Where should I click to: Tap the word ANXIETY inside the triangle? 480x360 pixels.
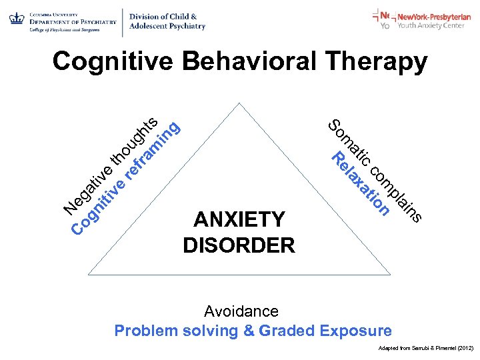[239, 220]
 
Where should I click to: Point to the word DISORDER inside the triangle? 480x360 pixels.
[239, 245]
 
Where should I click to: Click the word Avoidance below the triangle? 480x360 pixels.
[241, 311]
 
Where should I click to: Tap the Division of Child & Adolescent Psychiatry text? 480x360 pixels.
[167, 21]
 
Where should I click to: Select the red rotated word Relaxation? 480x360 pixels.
[361, 184]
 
